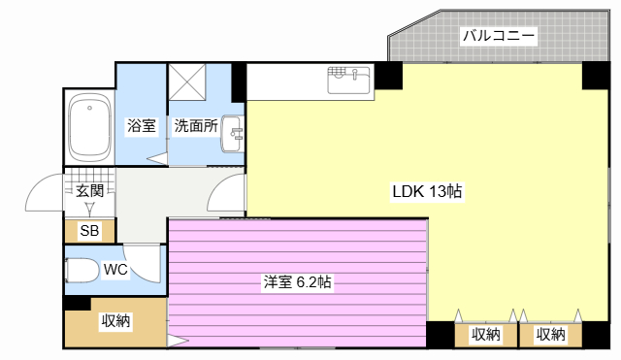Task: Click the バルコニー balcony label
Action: (x=499, y=36)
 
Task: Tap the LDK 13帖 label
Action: (x=427, y=191)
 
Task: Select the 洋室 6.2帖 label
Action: (x=298, y=282)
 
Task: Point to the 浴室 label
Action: (x=142, y=125)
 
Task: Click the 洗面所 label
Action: (x=196, y=125)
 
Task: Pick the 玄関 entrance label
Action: (x=90, y=191)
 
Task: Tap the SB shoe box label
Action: (x=89, y=230)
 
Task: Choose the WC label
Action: (x=115, y=270)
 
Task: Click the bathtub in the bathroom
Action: (x=89, y=127)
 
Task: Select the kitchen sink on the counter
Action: (x=349, y=81)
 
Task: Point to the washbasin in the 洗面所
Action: (x=232, y=134)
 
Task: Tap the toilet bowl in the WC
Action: (x=82, y=270)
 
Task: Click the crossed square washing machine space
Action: (x=187, y=82)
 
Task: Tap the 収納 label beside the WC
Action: (x=115, y=320)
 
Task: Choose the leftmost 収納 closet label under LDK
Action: (x=486, y=335)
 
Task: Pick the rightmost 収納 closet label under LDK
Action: (x=550, y=335)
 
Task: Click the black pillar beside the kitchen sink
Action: (x=388, y=76)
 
